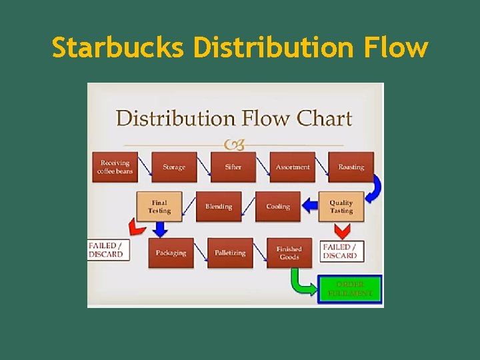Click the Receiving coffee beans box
click(x=115, y=167)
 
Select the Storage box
click(x=174, y=167)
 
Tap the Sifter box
click(x=233, y=167)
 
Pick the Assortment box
click(x=292, y=167)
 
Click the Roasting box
click(x=351, y=167)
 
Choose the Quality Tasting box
click(x=341, y=207)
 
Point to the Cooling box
click(x=277, y=207)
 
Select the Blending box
click(x=218, y=207)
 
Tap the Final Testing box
click(x=159, y=207)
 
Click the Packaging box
click(x=171, y=253)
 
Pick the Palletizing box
click(x=230, y=253)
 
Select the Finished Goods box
click(x=289, y=253)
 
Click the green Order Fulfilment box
click(x=350, y=289)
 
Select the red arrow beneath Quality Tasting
click(x=341, y=231)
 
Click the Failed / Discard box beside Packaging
click(x=107, y=250)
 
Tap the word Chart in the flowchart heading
click(x=324, y=119)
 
